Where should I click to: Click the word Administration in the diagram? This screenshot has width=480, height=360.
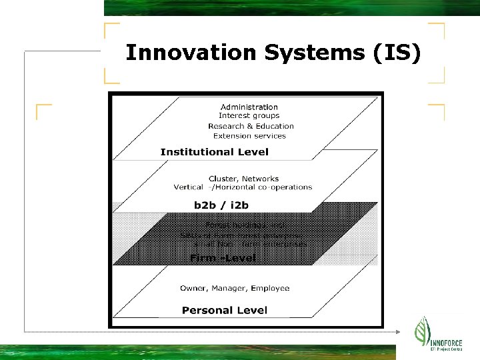tap(249, 107)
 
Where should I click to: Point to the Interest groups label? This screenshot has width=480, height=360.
tap(249, 116)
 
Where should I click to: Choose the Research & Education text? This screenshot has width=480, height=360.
tap(251, 126)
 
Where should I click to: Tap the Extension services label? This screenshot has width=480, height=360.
tap(250, 136)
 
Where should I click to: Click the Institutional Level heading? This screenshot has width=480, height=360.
tap(215, 152)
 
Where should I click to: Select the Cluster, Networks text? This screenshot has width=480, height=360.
tap(244, 179)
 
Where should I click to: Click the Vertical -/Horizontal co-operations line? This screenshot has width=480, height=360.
tap(243, 187)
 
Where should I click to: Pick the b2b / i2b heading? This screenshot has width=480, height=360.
tap(221, 205)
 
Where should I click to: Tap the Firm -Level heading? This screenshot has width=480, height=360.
tap(223, 258)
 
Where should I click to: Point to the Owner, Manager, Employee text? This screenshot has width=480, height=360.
tap(235, 289)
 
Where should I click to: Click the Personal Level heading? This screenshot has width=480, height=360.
tap(225, 310)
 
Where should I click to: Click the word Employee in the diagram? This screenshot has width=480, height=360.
tap(270, 289)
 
